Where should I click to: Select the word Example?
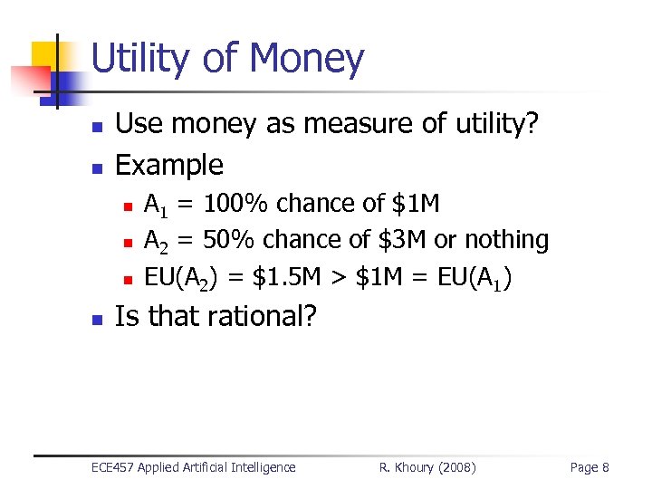(x=169, y=165)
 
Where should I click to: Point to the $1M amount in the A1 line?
(x=416, y=204)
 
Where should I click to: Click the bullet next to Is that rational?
(x=98, y=319)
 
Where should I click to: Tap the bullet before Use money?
(x=98, y=127)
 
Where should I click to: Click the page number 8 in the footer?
(x=605, y=467)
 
